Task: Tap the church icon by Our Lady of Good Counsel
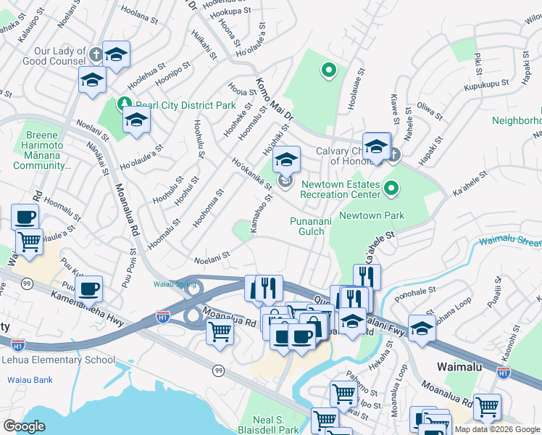click(x=96, y=54)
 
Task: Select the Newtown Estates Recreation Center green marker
click(x=391, y=190)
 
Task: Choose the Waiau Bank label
click(x=30, y=379)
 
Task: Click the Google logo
click(x=24, y=426)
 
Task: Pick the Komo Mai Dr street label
click(x=273, y=98)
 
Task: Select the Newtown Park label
click(x=372, y=215)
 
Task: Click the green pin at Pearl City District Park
click(x=124, y=104)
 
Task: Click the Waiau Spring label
click(x=175, y=284)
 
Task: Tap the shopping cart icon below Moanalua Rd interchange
click(x=220, y=332)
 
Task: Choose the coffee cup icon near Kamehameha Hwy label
click(x=89, y=289)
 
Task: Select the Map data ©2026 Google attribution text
click(x=497, y=429)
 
